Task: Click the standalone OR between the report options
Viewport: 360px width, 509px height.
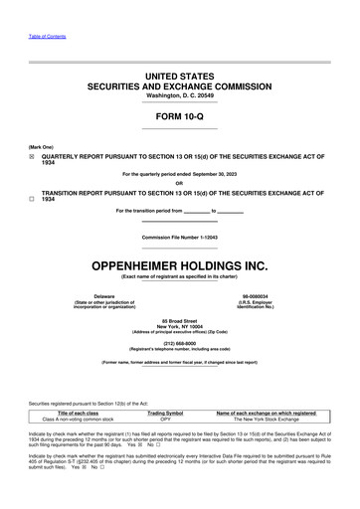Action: [x=179, y=183]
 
